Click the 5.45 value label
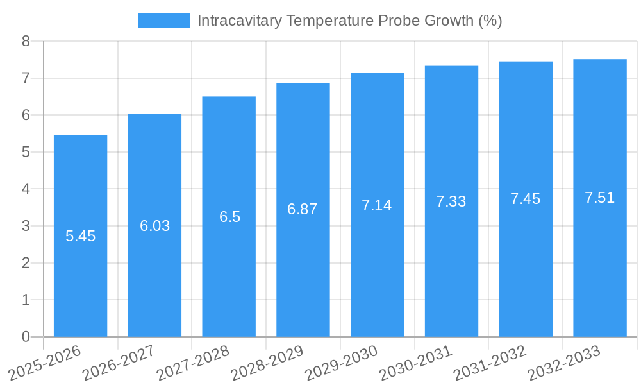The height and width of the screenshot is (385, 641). point(80,236)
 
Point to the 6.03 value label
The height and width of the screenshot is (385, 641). point(154,226)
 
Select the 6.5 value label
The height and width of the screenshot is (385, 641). point(229,217)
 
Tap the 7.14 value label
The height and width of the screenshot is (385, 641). point(376,205)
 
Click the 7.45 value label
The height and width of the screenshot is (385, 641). point(525,199)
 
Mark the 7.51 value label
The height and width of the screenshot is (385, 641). point(599,198)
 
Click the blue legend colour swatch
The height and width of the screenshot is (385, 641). point(164,21)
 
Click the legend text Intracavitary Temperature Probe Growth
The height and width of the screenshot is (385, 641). point(349,21)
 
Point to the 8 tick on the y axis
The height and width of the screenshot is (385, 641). point(26,42)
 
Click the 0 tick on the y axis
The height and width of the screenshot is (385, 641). point(26,337)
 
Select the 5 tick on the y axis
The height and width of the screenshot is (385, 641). point(26,153)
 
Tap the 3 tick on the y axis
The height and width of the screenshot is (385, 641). point(26,227)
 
